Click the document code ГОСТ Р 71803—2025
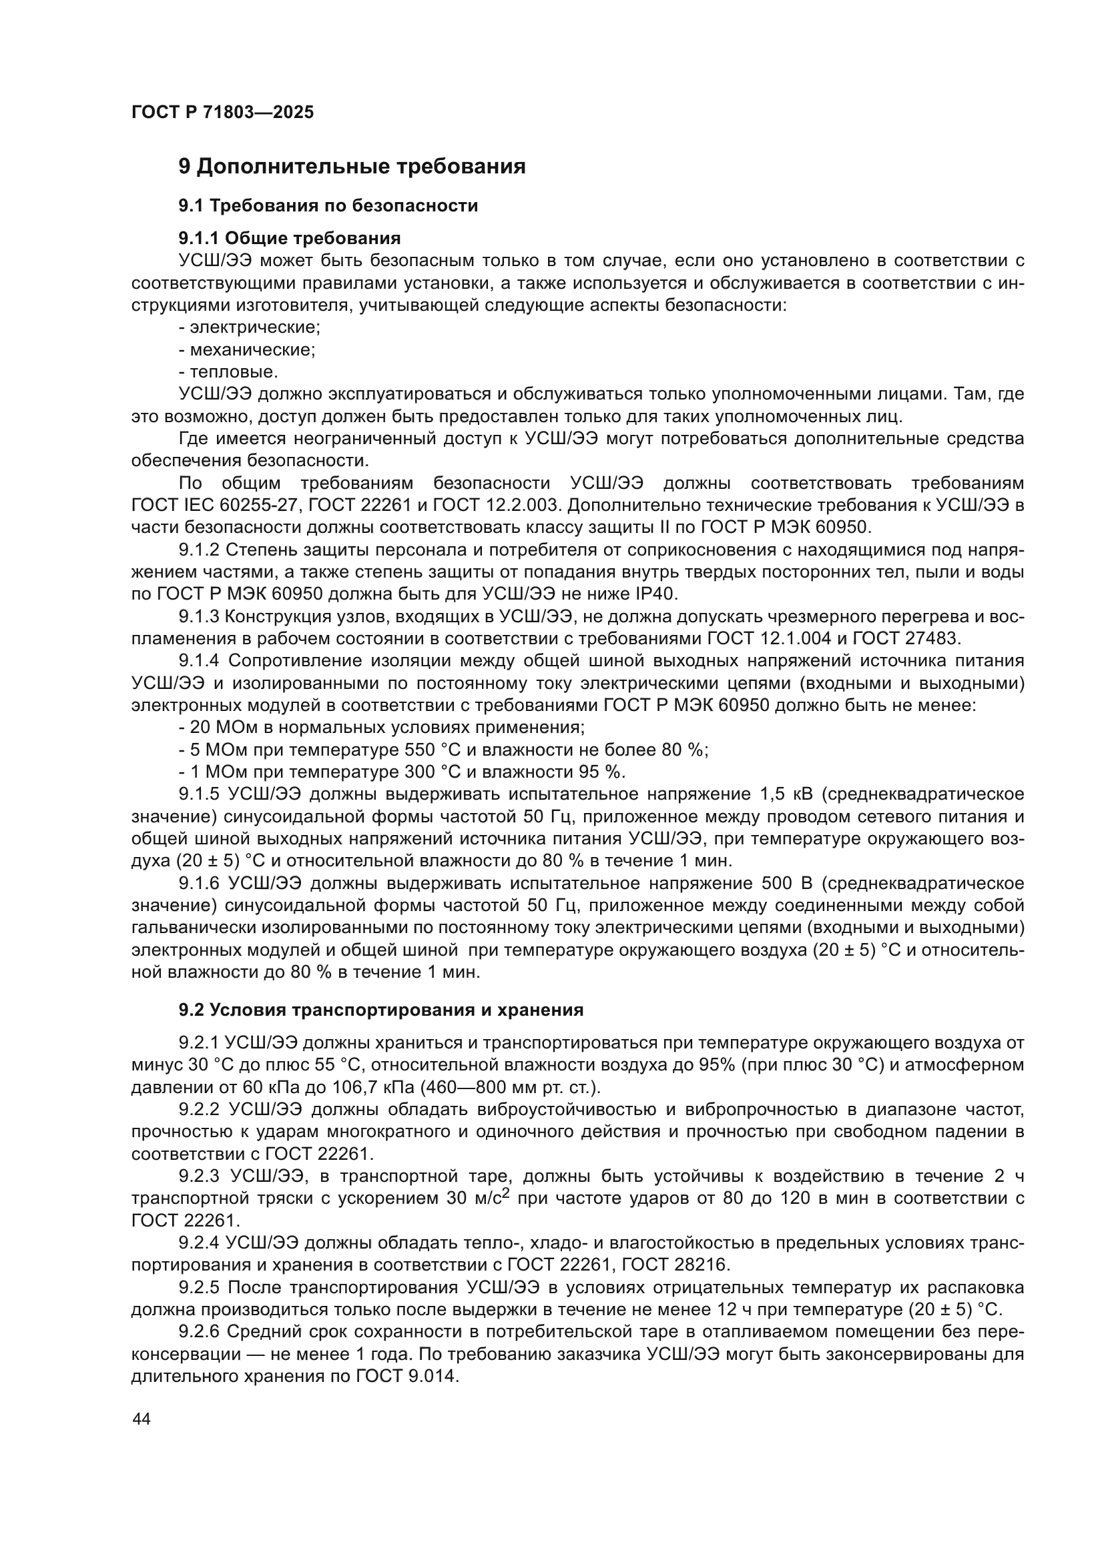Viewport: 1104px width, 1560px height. tap(222, 113)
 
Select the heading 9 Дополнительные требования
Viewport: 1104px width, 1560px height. tap(352, 167)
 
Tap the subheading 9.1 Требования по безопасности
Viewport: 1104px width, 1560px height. tap(328, 205)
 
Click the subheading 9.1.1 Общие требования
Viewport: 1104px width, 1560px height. tap(290, 238)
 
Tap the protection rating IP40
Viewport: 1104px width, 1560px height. tap(656, 594)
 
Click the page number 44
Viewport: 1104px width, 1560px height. tap(142, 1419)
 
